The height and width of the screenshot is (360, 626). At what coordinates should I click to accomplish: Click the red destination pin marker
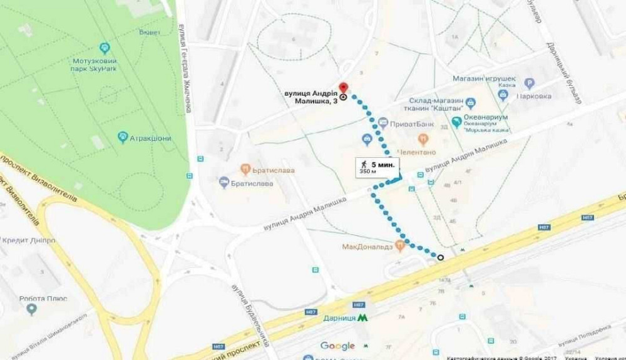(342, 88)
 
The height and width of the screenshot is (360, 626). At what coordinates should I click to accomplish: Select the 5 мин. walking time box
(376, 167)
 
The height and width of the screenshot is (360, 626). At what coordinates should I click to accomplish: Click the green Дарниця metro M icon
(362, 318)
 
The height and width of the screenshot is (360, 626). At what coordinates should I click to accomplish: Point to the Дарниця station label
(339, 318)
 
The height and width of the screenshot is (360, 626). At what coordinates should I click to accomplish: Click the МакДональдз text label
(367, 247)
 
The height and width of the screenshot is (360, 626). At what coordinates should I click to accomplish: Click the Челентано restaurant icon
(423, 139)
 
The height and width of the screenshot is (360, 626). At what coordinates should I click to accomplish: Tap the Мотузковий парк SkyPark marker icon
(105, 48)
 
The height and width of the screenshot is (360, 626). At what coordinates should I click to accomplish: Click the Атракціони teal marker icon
(123, 136)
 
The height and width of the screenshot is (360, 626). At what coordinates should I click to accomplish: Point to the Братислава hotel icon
(223, 182)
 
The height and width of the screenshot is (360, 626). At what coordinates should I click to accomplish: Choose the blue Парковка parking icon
(530, 83)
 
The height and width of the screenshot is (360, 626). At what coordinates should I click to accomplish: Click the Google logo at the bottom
(337, 346)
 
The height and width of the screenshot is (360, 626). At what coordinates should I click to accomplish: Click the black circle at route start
(440, 257)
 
